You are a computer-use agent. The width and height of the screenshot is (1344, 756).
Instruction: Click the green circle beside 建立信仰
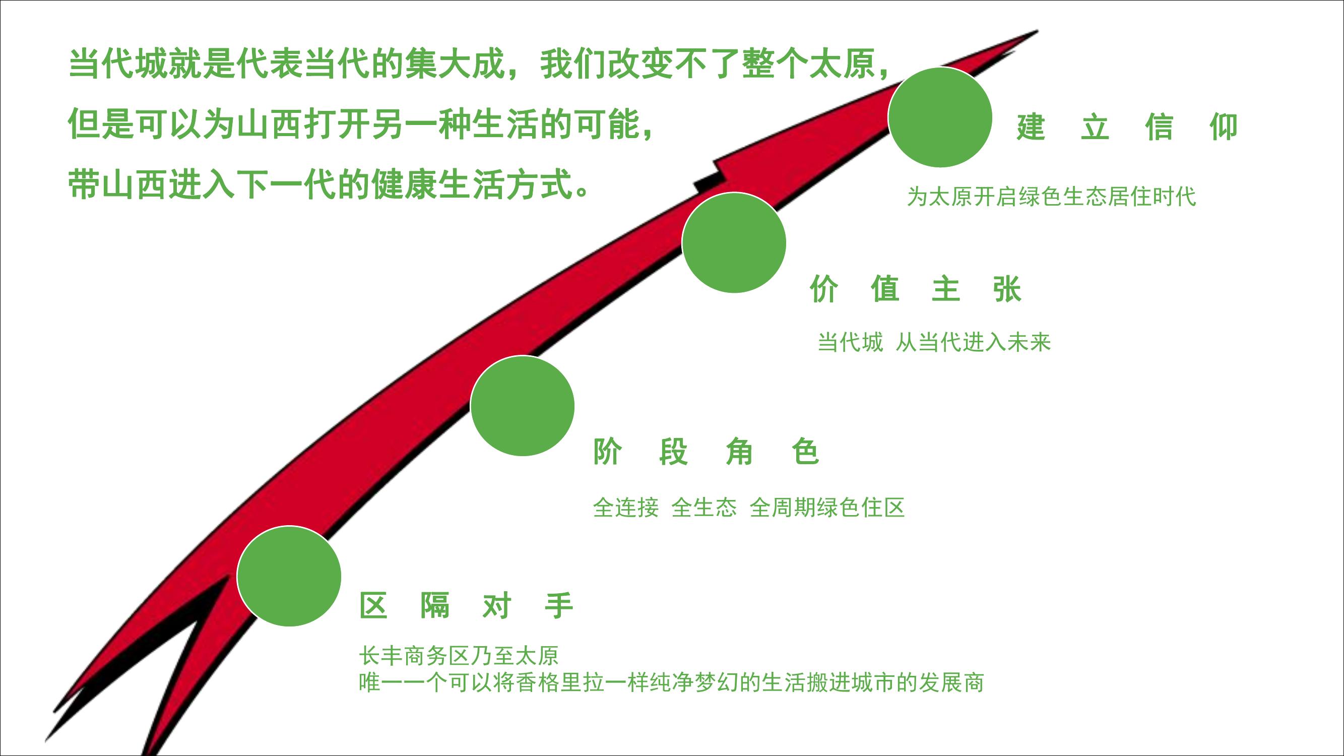(940, 117)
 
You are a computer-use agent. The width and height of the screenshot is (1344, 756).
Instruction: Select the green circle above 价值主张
(734, 242)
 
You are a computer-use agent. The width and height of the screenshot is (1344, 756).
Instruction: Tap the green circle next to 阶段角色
(522, 406)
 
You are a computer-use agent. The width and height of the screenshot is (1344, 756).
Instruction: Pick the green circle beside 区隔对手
(289, 576)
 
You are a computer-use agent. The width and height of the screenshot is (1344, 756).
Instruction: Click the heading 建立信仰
(1127, 127)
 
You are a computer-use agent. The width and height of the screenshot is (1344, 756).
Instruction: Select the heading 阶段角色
(707, 451)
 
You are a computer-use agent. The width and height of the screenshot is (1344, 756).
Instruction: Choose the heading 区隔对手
(467, 605)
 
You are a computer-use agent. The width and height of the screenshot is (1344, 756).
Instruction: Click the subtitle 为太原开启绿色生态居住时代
(1051, 197)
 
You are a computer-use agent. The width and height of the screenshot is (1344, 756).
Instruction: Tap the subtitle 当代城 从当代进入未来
(934, 342)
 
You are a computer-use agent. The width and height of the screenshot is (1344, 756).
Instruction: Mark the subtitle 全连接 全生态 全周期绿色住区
(749, 507)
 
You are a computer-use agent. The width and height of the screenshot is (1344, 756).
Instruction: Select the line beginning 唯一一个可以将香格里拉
(671, 682)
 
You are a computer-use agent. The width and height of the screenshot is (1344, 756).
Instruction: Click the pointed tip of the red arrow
(1037, 31)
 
